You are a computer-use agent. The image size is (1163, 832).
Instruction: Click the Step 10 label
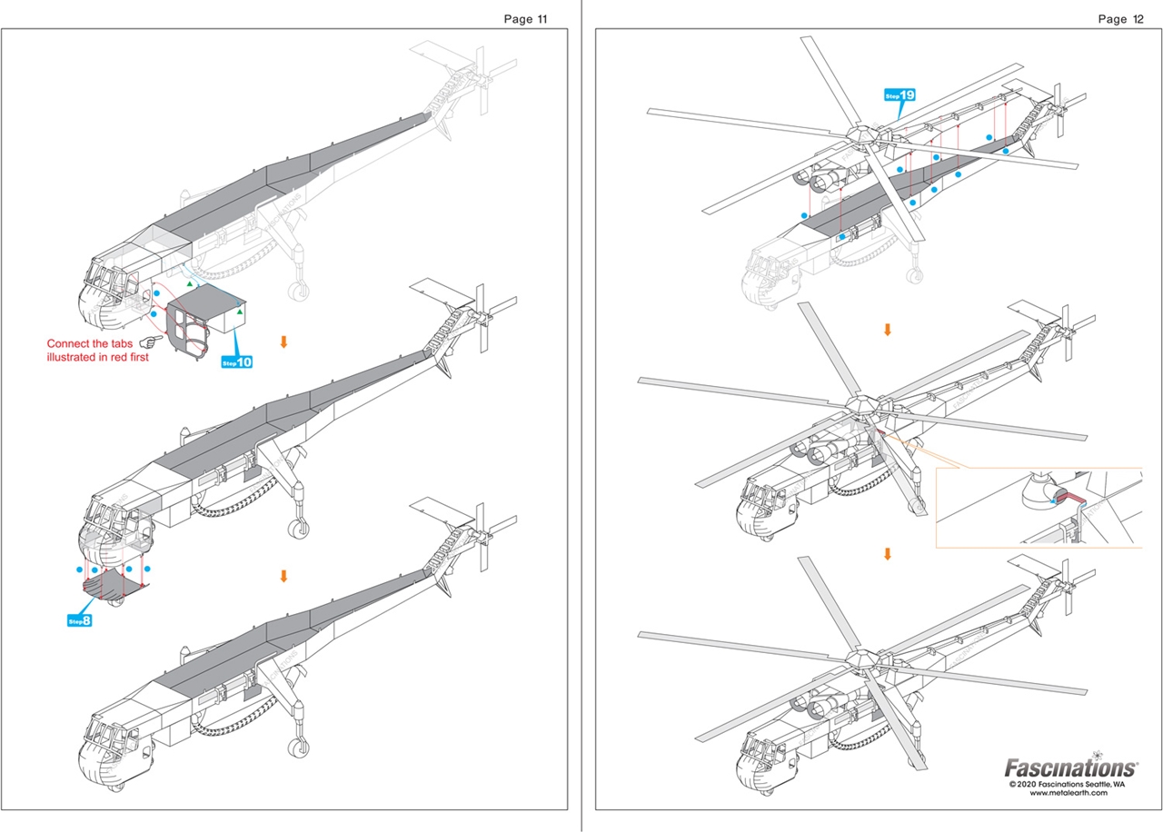pos(237,362)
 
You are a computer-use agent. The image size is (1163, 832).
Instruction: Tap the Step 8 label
pos(80,621)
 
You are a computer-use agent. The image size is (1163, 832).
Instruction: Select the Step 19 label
pos(900,94)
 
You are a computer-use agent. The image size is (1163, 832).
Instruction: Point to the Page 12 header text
pos(1120,19)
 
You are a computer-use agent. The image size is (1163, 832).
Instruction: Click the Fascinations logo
pos(1070,768)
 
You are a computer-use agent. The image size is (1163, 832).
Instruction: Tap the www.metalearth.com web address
pos(1068,793)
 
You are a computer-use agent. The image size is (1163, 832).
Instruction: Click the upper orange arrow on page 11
pos(283,342)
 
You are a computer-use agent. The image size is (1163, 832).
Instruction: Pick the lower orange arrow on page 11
pos(283,576)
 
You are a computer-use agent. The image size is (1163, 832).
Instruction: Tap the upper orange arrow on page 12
pos(888,329)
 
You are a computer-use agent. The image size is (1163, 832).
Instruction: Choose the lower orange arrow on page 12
pos(888,553)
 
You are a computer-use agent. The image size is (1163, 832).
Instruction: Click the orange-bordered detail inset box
pos(1038,507)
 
